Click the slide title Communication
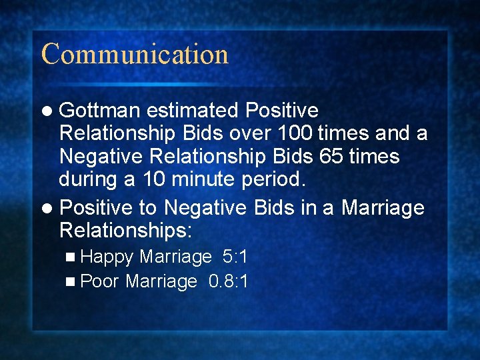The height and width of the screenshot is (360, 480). point(135,54)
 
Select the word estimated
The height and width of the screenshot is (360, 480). point(193,110)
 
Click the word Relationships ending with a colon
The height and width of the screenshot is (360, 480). point(125,231)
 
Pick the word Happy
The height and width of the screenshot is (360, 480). point(107,257)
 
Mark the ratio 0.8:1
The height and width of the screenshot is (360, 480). point(229,281)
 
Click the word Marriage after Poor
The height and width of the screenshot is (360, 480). point(161,281)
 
